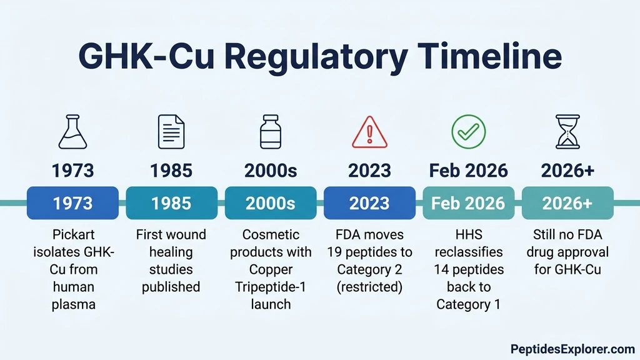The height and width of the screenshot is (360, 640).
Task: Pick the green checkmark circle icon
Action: [469, 131]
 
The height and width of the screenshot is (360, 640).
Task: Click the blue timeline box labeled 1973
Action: [73, 203]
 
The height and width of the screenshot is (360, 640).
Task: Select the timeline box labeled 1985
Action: [171, 203]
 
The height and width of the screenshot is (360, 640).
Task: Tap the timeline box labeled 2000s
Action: [270, 203]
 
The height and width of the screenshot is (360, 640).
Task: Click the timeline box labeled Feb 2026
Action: [469, 203]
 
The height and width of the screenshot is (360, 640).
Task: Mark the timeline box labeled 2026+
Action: [567, 203]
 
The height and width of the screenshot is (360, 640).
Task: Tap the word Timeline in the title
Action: [491, 57]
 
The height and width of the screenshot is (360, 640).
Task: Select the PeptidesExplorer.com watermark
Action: [572, 348]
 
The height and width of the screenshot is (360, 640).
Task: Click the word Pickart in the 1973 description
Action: [74, 235]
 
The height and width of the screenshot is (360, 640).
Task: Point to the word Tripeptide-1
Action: [270, 287]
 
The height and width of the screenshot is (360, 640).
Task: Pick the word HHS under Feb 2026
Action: [469, 235]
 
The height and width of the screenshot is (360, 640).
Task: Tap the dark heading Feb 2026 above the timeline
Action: [469, 170]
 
